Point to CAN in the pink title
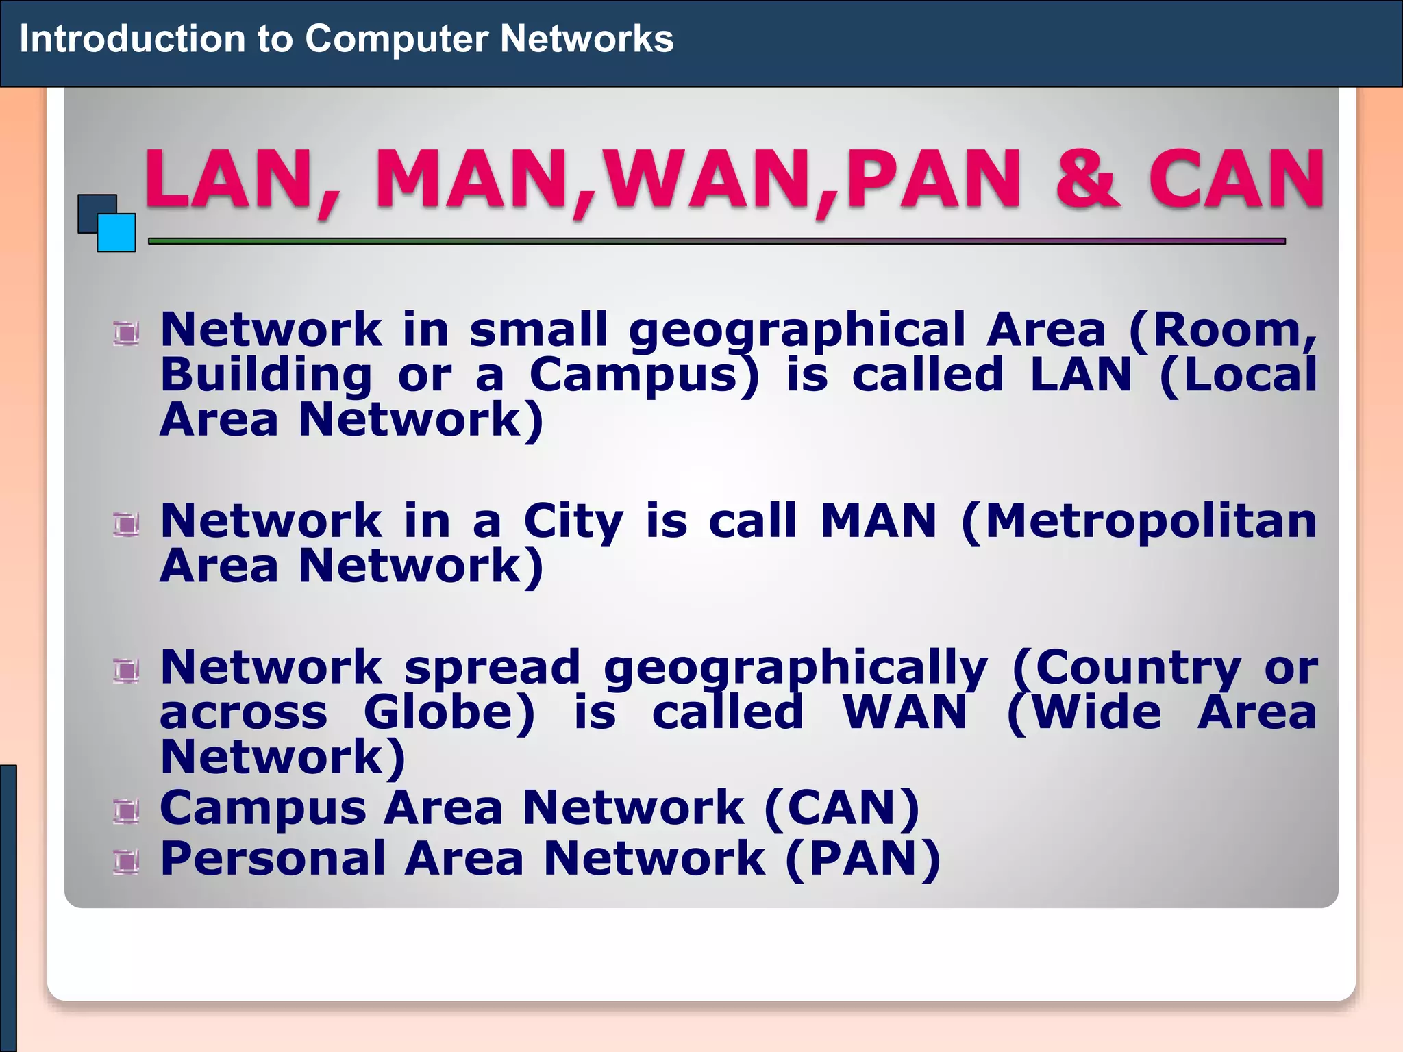point(1237,179)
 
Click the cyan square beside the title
point(117,233)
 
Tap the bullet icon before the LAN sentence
point(127,334)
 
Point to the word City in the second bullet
point(573,522)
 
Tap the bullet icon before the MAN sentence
point(127,525)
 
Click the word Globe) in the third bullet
point(449,713)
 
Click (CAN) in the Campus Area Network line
point(842,808)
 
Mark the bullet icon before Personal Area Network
point(127,862)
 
